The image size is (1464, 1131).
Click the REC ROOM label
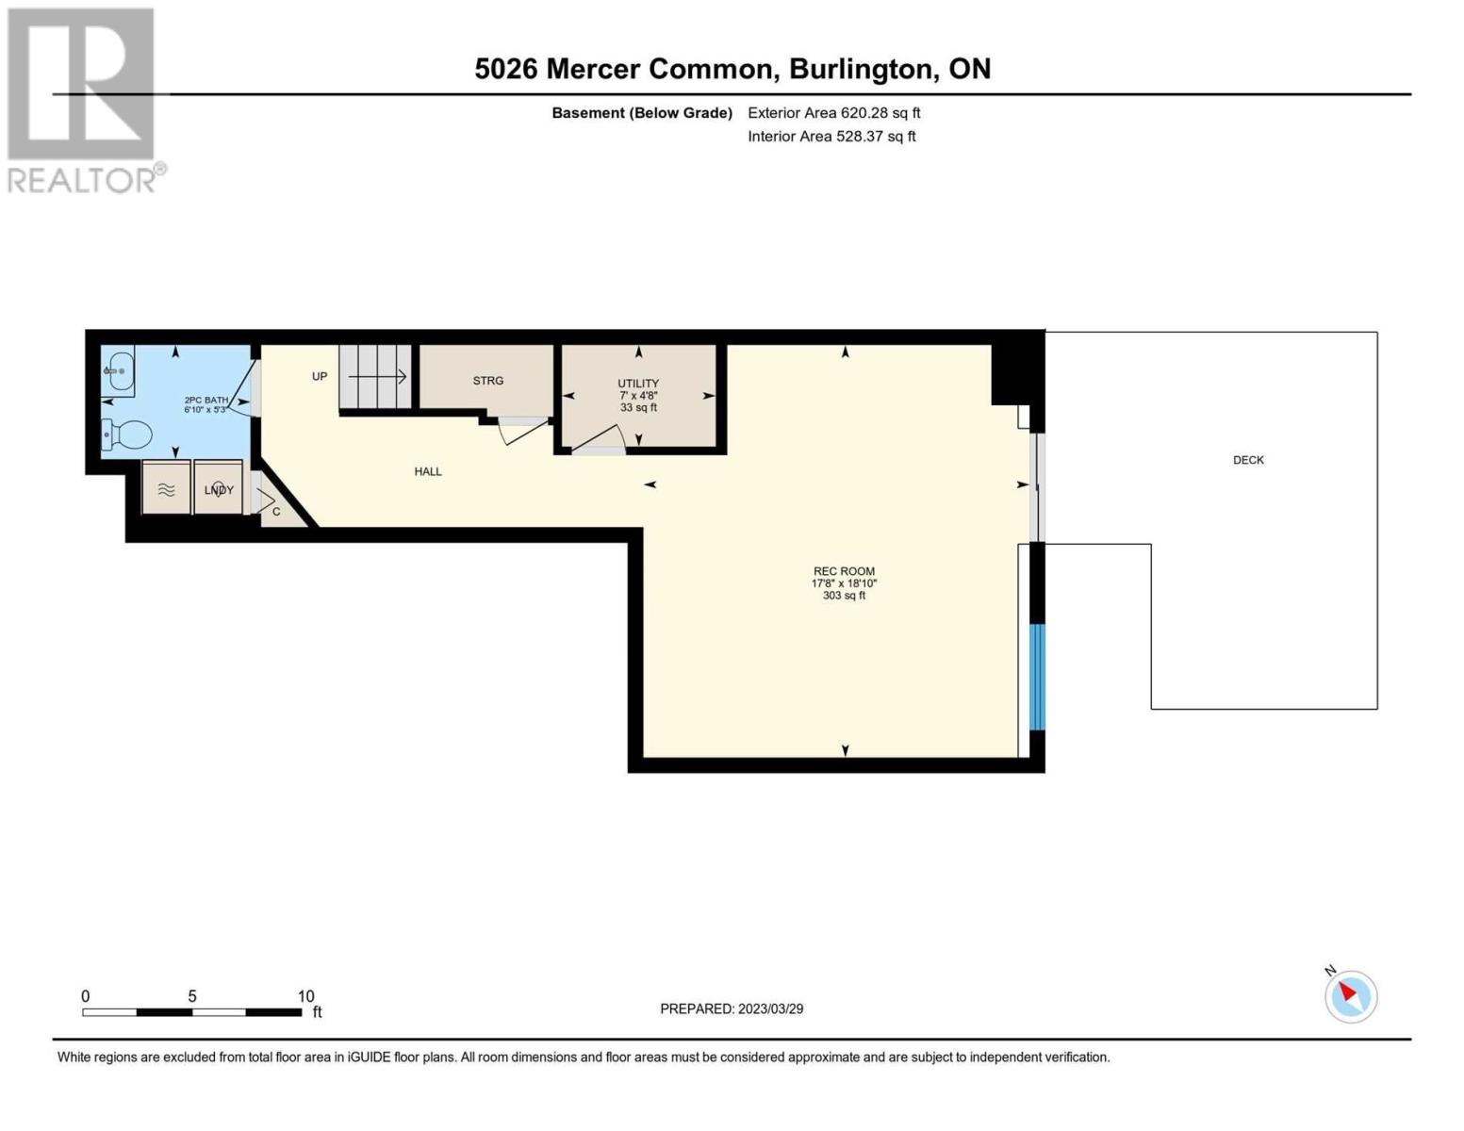(844, 571)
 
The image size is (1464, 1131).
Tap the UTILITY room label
(638, 384)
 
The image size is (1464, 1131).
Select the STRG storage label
(487, 381)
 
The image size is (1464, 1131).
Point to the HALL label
(428, 471)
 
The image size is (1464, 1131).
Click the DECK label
(1248, 460)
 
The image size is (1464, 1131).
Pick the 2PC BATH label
(206, 401)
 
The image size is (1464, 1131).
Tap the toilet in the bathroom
(126, 434)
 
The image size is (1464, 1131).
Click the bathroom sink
(119, 371)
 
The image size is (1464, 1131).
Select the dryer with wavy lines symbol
(166, 488)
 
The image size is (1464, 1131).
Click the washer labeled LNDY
(219, 488)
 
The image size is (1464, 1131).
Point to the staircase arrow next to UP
(377, 377)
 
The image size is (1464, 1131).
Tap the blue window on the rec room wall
(1038, 677)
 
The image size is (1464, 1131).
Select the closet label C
(275, 512)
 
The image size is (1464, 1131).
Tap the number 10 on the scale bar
(305, 996)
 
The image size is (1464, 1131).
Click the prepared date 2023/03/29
(770, 1009)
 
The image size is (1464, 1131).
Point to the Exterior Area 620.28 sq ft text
(833, 113)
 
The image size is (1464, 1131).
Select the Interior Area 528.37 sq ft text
(831, 137)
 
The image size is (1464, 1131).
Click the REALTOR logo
(85, 101)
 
